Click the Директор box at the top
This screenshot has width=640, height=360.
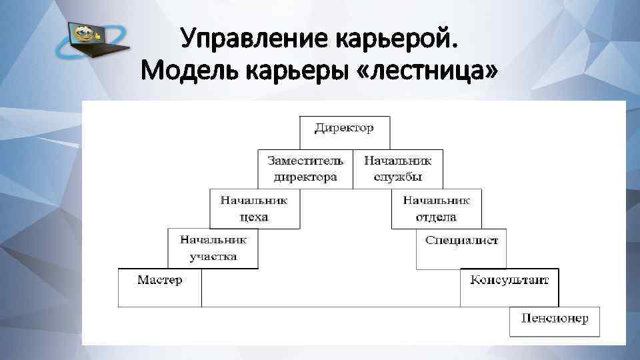tap(345, 133)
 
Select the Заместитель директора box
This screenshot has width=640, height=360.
tap(305, 169)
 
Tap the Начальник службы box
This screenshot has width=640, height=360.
tap(397, 169)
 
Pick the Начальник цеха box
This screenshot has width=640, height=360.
tap(253, 209)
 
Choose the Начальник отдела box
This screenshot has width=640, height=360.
tap(436, 209)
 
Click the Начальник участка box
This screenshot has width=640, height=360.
tap(213, 248)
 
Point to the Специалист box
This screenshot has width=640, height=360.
tap(461, 249)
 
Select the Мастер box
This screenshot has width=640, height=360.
tap(159, 287)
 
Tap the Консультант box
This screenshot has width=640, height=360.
tap(509, 287)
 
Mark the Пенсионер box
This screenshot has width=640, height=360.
tap(555, 321)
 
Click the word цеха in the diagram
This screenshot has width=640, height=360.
tap(253, 217)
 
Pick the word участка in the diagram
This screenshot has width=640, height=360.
tap(213, 257)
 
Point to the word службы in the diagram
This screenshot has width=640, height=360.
tap(397, 178)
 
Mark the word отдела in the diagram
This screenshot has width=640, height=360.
tap(436, 217)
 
